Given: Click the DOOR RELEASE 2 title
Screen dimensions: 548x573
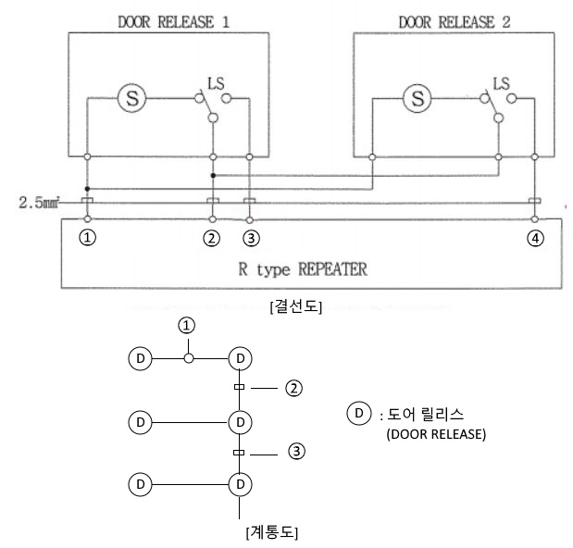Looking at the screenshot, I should click(x=455, y=19).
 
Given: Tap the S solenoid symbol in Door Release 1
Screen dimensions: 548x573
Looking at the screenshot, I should click(x=132, y=96).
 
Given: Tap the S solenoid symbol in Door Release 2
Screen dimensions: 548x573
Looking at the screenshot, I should click(x=419, y=96).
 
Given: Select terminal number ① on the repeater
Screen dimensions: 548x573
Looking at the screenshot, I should click(x=87, y=237).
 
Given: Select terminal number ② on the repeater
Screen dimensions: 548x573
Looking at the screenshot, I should click(x=212, y=237).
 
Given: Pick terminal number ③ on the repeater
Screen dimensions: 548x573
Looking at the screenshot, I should click(x=249, y=237).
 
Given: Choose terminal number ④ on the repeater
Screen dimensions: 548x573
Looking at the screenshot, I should click(x=534, y=237).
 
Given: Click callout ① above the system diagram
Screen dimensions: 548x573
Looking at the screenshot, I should click(x=188, y=325).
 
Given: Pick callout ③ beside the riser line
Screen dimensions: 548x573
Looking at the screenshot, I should click(x=295, y=452).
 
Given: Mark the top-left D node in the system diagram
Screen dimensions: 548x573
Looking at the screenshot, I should click(x=140, y=357).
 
